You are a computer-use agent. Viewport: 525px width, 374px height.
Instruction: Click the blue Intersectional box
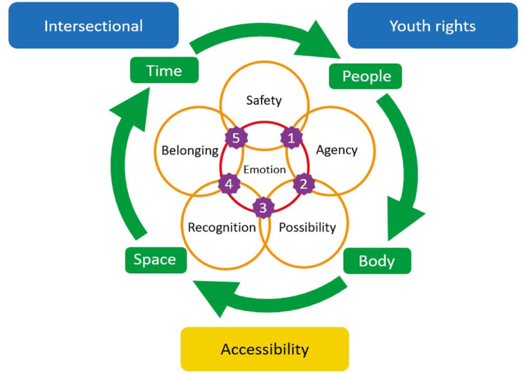[93, 26]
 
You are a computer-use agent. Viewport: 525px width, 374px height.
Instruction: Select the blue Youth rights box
[432, 26]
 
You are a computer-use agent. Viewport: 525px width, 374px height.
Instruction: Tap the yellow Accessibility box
[265, 349]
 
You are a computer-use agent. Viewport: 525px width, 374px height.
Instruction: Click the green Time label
[164, 71]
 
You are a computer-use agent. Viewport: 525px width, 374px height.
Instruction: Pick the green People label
[366, 75]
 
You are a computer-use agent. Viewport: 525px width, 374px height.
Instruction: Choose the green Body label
[377, 261]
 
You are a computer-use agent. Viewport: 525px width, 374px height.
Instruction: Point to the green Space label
[155, 259]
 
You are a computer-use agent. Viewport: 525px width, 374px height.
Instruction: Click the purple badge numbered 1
[290, 137]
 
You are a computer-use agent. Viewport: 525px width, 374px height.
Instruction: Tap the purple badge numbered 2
[303, 184]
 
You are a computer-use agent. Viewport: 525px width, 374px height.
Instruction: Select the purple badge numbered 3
[263, 208]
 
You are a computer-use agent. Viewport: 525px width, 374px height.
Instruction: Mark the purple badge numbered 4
[229, 185]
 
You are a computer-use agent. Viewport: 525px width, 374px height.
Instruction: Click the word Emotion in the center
[265, 169]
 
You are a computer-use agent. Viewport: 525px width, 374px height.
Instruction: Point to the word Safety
[264, 100]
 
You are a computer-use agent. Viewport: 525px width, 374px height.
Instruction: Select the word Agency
[337, 150]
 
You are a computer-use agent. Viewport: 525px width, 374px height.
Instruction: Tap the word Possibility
[307, 227]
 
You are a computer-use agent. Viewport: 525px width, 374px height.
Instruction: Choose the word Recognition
[222, 227]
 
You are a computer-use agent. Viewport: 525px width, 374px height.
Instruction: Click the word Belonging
[190, 150]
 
